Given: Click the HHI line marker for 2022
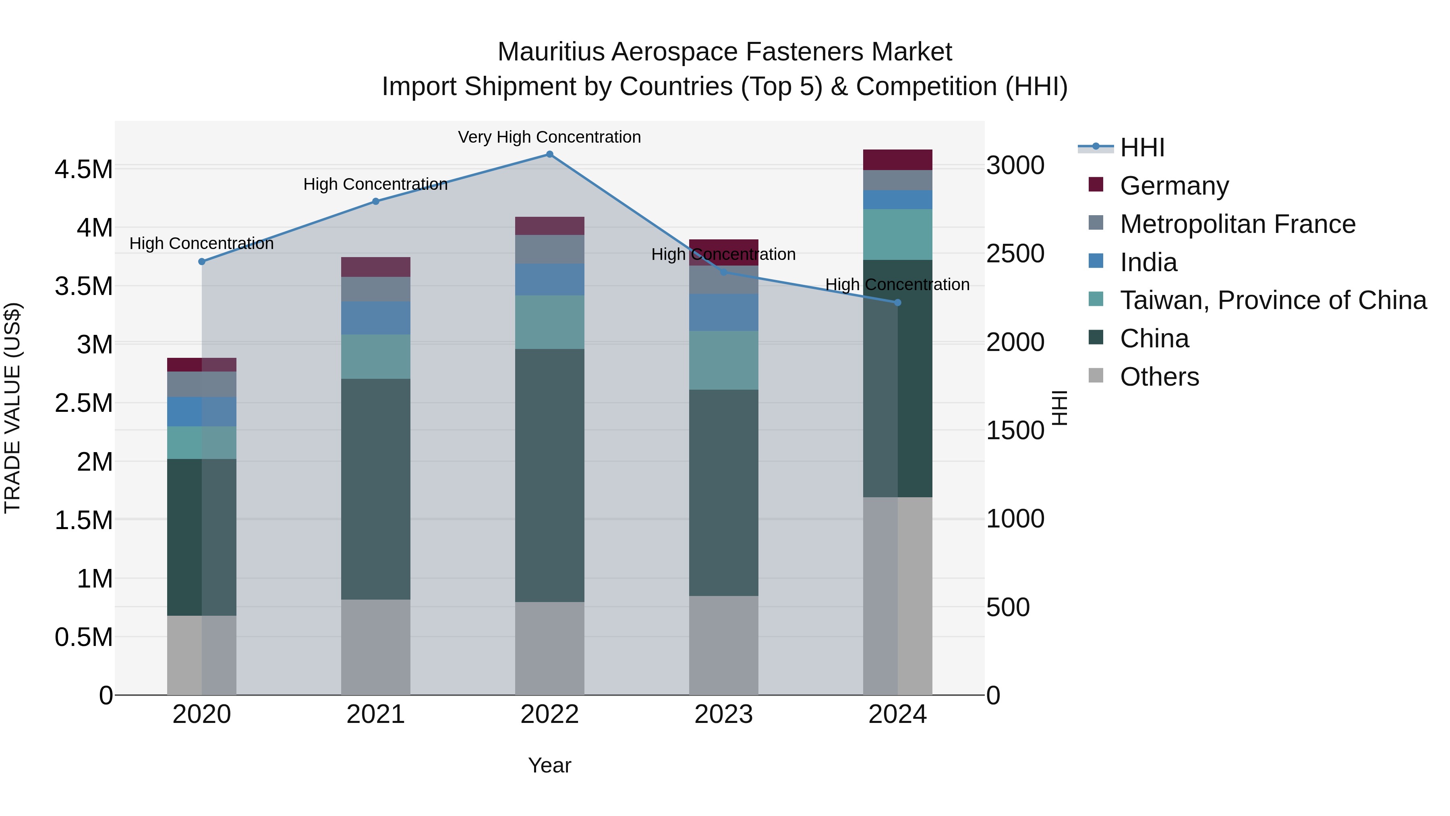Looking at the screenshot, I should [x=549, y=154].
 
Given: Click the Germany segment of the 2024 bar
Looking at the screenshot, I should [x=898, y=160].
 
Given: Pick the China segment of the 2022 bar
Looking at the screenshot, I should [x=549, y=475].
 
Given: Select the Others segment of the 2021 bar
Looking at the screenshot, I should [x=375, y=647].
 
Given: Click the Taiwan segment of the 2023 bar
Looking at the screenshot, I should [x=723, y=360].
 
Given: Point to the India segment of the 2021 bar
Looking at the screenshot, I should [x=375, y=318].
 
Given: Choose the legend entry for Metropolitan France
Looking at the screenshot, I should [x=1237, y=224].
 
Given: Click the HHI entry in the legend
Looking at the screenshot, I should [x=1141, y=147].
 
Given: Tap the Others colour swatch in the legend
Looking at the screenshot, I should [x=1096, y=376].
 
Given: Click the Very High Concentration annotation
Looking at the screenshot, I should [x=549, y=137].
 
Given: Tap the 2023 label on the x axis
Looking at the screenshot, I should [x=723, y=714].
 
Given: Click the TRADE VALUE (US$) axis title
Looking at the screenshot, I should [x=12, y=408].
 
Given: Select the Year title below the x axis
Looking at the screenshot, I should [x=549, y=765].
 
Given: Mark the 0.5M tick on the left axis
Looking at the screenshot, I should [x=83, y=637].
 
